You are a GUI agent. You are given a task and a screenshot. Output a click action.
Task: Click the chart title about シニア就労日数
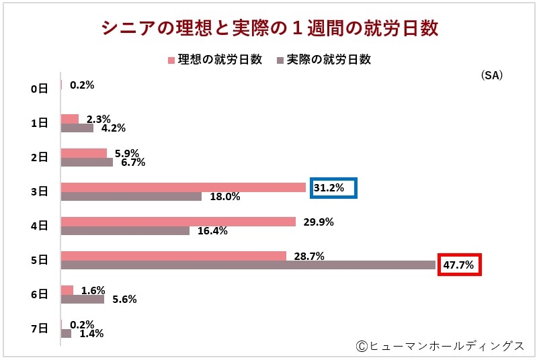click(269, 28)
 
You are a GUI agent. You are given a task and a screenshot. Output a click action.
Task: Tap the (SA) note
click(491, 76)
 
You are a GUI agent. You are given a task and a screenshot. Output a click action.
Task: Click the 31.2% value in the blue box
click(333, 188)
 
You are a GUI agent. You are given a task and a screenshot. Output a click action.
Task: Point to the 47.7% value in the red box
click(459, 265)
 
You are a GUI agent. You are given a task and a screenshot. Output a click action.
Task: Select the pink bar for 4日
click(178, 222)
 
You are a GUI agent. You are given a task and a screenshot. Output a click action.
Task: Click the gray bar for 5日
click(248, 265)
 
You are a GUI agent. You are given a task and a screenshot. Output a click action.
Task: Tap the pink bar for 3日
click(183, 187)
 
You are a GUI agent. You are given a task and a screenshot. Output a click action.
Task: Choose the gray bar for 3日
click(131, 197)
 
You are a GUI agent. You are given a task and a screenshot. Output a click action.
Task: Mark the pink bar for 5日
click(173, 256)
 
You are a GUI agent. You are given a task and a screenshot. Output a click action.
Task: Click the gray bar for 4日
click(125, 231)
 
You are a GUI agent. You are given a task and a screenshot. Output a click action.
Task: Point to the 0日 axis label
click(39, 88)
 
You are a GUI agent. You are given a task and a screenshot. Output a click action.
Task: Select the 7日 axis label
click(39, 328)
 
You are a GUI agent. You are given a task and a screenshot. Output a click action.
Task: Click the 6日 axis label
click(39, 294)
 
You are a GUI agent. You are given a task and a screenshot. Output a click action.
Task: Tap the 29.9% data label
click(318, 222)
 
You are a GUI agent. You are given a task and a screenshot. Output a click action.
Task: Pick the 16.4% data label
click(212, 231)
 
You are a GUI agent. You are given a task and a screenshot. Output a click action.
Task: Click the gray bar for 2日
click(87, 162)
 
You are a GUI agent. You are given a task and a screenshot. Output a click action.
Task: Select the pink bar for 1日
click(70, 119)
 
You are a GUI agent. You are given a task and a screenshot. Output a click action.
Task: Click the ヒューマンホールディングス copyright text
click(440, 345)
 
